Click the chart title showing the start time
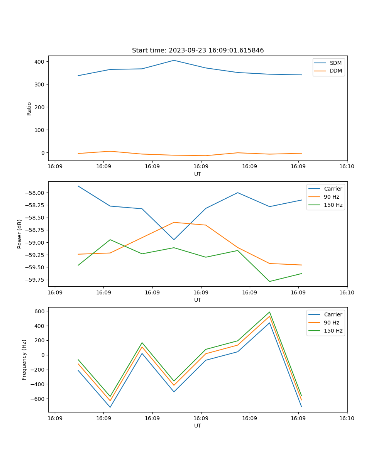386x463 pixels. pyautogui.click(x=198, y=51)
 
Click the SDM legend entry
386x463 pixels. pyautogui.click(x=335, y=63)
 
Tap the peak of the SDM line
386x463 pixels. pyautogui.click(x=174, y=60)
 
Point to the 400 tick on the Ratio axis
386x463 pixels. pyautogui.click(x=40, y=62)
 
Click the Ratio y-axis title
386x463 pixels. pyautogui.click(x=29, y=108)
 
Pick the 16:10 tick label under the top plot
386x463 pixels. pyautogui.click(x=347, y=167)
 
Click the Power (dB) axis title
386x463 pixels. pyautogui.click(x=20, y=234)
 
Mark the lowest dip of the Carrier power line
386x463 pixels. pyautogui.click(x=174, y=240)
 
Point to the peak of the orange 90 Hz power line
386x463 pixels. pyautogui.click(x=174, y=222)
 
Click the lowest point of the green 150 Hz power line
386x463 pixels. pyautogui.click(x=269, y=281)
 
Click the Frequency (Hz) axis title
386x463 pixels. pyautogui.click(x=24, y=360)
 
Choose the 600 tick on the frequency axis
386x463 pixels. pyautogui.click(x=41, y=311)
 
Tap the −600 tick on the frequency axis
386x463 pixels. pyautogui.click(x=39, y=399)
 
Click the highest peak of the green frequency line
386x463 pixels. pyautogui.click(x=269, y=312)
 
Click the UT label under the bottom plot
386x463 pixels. pyautogui.click(x=198, y=426)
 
